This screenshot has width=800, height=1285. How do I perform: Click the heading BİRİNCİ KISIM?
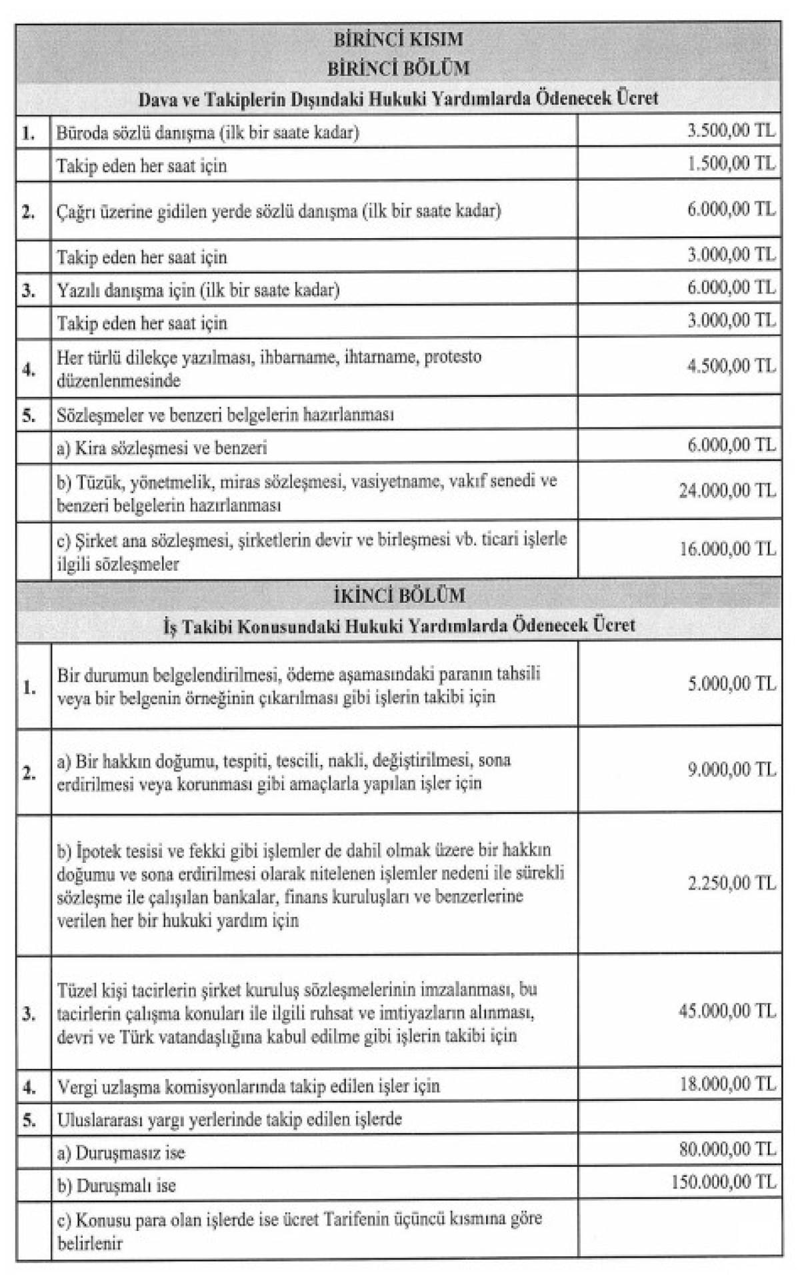pyautogui.click(x=399, y=39)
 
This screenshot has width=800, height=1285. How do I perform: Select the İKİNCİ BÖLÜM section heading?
pyautogui.click(x=399, y=595)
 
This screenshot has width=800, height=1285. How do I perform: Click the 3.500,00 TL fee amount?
pyautogui.click(x=731, y=131)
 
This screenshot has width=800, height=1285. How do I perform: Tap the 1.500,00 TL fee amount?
pyautogui.click(x=731, y=163)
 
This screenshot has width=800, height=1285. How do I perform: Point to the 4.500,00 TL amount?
pyautogui.click(x=731, y=366)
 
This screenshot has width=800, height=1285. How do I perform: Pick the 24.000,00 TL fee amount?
pyautogui.click(x=727, y=491)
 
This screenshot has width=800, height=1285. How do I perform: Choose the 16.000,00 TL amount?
pyautogui.click(x=727, y=549)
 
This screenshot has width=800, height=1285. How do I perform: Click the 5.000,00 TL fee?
pyautogui.click(x=731, y=684)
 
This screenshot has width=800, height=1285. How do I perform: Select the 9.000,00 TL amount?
pyautogui.click(x=731, y=770)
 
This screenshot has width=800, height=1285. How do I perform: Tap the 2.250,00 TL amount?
pyautogui.click(x=731, y=884)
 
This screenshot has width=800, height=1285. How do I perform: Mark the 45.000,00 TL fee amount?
pyautogui.click(x=727, y=1012)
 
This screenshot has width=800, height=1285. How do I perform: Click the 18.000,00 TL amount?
pyautogui.click(x=727, y=1084)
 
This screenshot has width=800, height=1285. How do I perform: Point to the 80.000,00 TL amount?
pyautogui.click(x=727, y=1149)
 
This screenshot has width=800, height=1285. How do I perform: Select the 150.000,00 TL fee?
pyautogui.click(x=724, y=1182)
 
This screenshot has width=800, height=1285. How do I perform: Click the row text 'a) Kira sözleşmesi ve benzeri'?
pyautogui.click(x=162, y=447)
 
